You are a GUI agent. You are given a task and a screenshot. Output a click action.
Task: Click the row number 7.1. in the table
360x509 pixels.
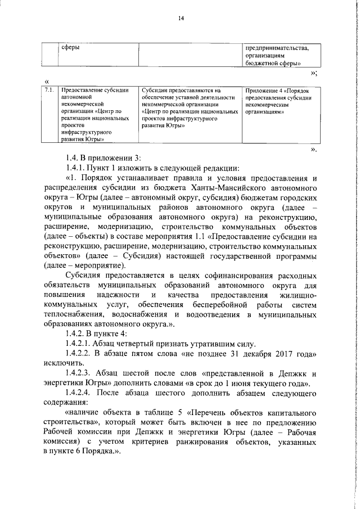pyautogui.click(x=49, y=89)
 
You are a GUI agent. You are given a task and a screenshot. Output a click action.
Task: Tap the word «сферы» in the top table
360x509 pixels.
pyautogui.click(x=70, y=48)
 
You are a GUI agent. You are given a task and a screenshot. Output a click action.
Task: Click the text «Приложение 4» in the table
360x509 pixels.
pyautogui.click(x=264, y=89)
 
